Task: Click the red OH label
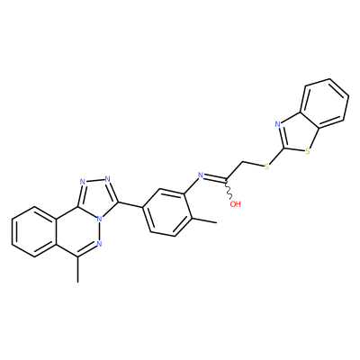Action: (236, 204)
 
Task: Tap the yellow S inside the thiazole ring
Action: (307, 152)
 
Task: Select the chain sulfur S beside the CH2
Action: (266, 166)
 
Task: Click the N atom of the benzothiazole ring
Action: (278, 123)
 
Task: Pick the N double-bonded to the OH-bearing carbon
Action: (201, 175)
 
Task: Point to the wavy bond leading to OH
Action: (228, 189)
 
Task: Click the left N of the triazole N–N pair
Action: (82, 182)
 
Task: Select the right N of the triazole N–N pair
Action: (108, 179)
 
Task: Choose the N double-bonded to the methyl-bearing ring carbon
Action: (100, 244)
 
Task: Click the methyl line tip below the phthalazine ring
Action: (78, 283)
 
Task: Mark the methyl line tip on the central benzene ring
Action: (216, 223)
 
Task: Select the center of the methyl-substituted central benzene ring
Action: (167, 212)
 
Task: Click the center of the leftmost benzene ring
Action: (34, 231)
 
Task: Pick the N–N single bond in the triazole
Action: (95, 181)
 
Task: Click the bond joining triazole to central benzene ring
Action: (130, 204)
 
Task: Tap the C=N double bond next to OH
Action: (214, 178)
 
